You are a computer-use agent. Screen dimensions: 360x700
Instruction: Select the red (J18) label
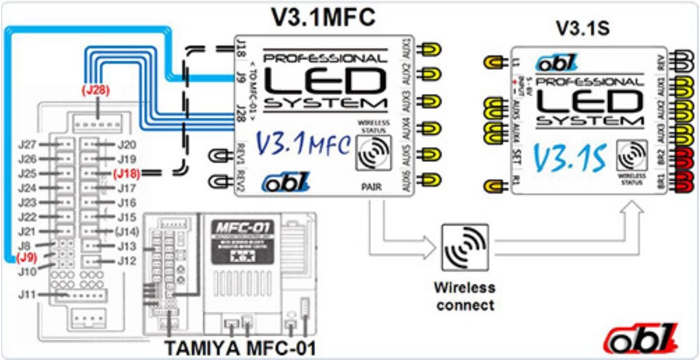pyautogui.click(x=126, y=173)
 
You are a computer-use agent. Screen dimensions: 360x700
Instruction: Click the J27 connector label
pyautogui.click(x=27, y=144)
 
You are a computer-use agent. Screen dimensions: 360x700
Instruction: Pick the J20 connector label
pyautogui.click(x=127, y=144)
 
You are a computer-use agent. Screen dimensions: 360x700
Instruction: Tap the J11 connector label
pyautogui.click(x=27, y=295)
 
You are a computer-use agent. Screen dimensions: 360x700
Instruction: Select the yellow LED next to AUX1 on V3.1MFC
pyautogui.click(x=431, y=49)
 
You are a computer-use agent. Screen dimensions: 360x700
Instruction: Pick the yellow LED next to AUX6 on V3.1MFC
pyautogui.click(x=431, y=179)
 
